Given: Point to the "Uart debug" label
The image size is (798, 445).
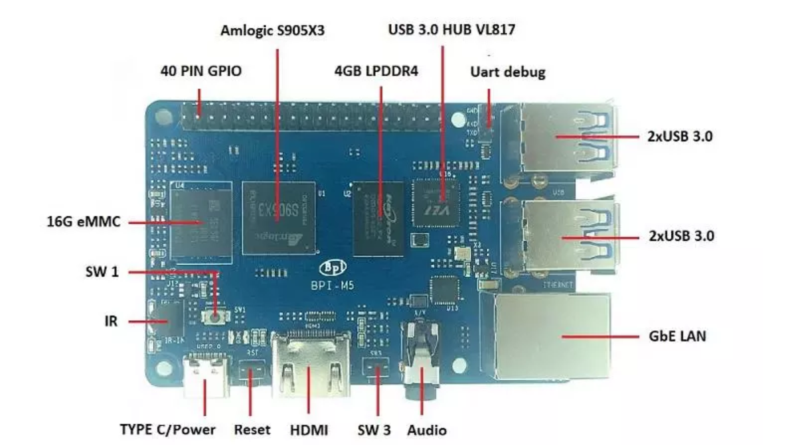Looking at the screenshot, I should [507, 72].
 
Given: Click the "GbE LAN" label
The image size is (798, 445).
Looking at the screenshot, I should [677, 336].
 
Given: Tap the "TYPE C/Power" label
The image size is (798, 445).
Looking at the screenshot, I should [167, 429].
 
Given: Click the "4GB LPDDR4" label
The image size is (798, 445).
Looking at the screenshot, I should [376, 71].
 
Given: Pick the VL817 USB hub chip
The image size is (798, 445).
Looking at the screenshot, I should [435, 202].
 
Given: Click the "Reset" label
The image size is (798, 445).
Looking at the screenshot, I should [252, 429].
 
